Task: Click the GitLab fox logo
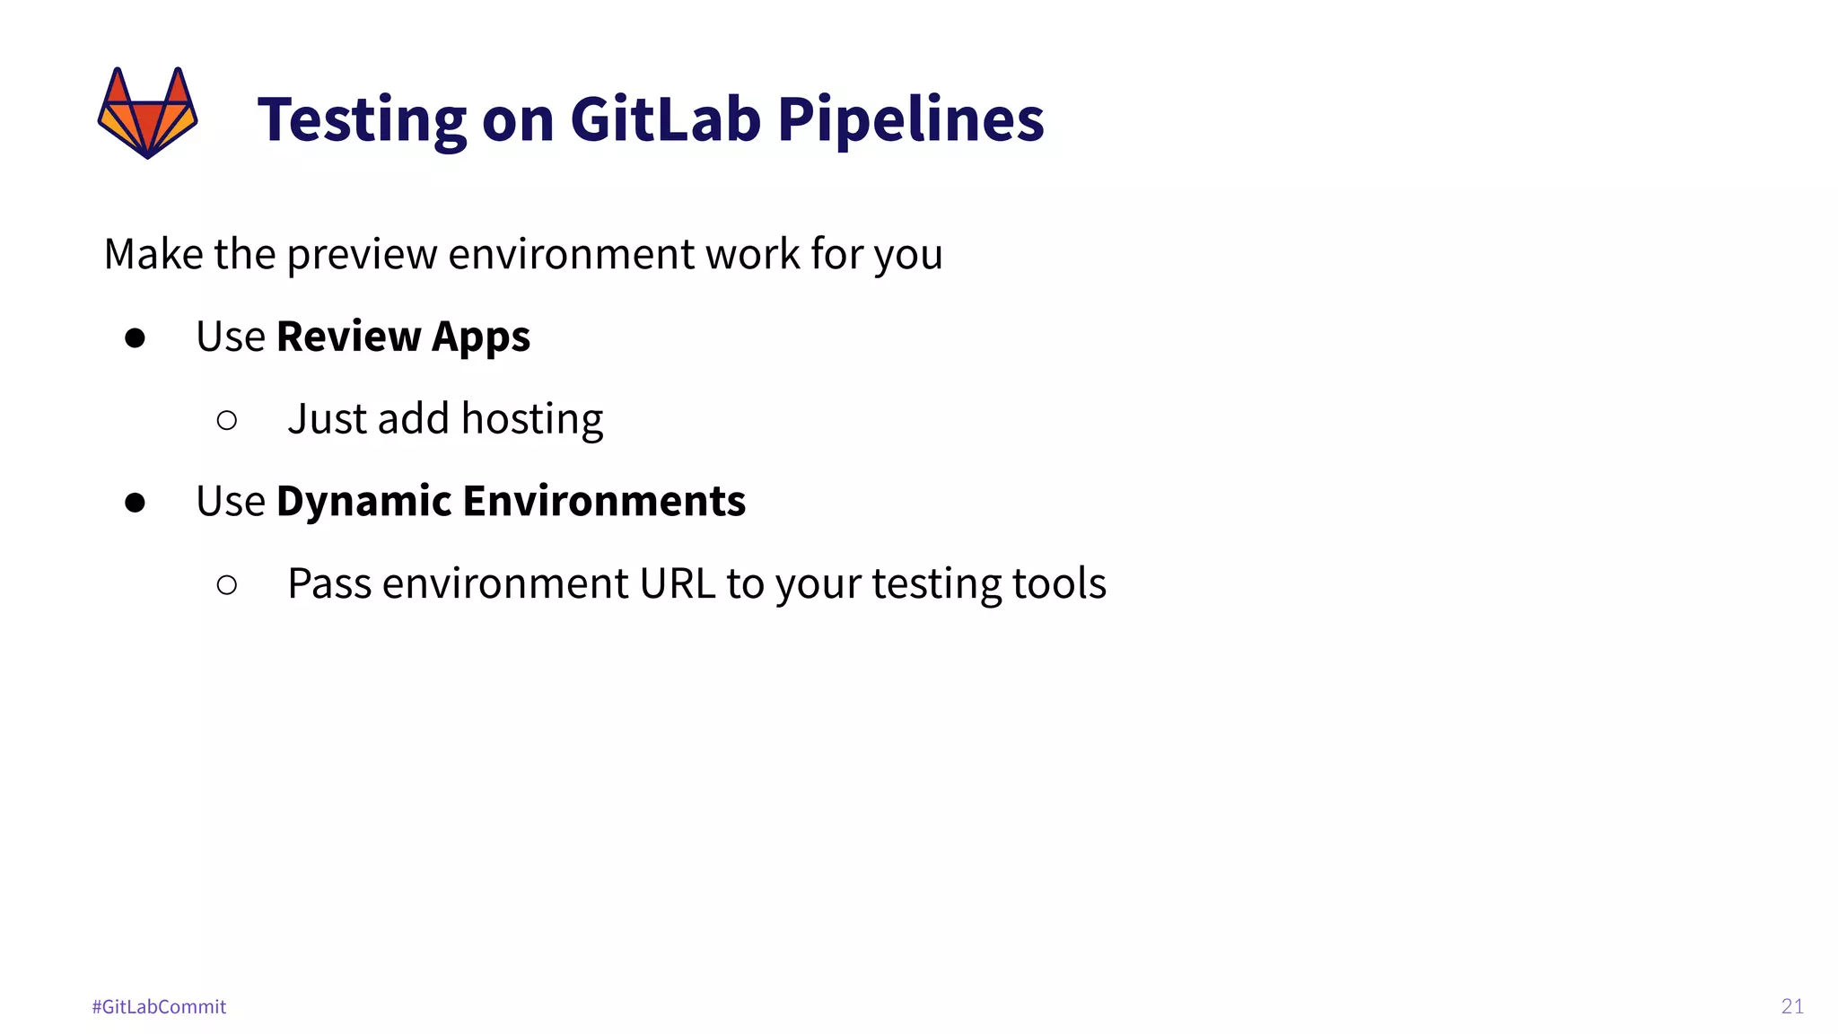coord(147,113)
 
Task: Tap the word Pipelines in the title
coord(910,120)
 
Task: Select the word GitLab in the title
coord(665,118)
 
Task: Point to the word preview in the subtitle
coord(362,255)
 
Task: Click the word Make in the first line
coord(153,254)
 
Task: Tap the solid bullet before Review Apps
coord(136,338)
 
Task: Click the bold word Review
coord(349,337)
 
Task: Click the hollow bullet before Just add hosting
coord(227,420)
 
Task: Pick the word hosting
coord(531,420)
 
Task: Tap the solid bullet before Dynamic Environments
coord(136,503)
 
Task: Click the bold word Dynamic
coord(363,502)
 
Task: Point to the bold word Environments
coord(604,501)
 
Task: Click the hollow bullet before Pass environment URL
coord(227,585)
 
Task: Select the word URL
coord(677,583)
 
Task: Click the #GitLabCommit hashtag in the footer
coord(159,1007)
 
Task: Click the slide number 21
coord(1792,1006)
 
